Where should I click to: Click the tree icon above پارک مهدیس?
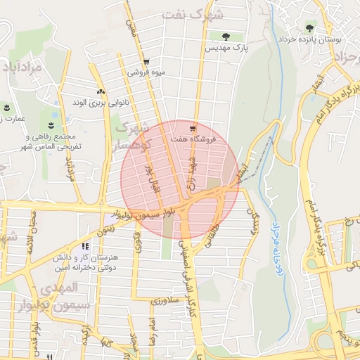(226, 37)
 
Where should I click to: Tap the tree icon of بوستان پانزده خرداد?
(310, 28)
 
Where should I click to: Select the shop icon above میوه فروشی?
(146, 61)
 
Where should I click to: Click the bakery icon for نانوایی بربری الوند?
(101, 91)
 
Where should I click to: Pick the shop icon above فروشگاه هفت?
(193, 129)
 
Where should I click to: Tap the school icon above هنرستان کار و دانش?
(86, 247)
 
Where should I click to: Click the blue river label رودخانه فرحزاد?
(275, 240)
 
